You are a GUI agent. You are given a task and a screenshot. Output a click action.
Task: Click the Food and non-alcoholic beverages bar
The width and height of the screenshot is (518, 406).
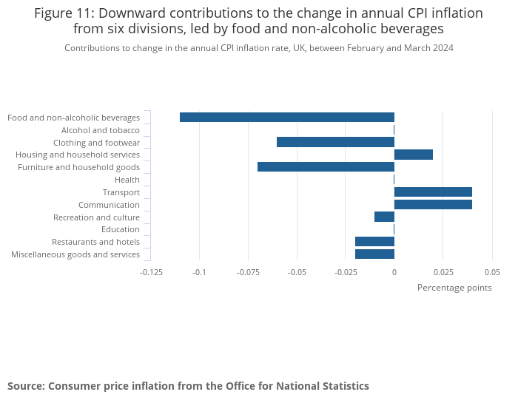(x=287, y=117)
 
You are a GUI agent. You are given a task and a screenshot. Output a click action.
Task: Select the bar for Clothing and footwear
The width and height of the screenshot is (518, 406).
(x=335, y=142)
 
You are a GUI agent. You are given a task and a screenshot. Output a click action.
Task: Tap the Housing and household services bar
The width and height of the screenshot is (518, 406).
(x=414, y=155)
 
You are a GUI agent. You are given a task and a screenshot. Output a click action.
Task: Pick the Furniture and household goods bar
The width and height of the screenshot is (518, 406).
(x=326, y=167)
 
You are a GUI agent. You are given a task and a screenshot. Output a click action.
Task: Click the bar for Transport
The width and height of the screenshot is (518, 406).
(x=433, y=192)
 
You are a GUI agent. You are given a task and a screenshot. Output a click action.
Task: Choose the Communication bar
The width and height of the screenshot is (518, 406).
(x=433, y=205)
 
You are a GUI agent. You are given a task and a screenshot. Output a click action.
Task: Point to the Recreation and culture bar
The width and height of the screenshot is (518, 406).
(x=384, y=217)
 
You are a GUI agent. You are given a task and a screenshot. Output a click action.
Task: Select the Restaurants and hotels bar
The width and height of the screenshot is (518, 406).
(x=374, y=242)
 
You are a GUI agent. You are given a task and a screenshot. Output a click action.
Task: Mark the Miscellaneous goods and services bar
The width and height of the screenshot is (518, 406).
(x=374, y=254)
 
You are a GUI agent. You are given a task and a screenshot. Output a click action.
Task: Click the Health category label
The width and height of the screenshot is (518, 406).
(x=127, y=180)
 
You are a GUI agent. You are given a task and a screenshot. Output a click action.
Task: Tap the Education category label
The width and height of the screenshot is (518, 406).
(x=125, y=229)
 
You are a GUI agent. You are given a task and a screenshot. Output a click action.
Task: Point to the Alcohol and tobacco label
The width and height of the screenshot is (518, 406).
(x=111, y=130)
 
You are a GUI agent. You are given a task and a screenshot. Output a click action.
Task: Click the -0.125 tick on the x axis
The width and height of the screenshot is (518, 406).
(x=151, y=272)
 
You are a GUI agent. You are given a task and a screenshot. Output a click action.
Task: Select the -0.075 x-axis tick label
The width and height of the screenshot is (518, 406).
(x=248, y=272)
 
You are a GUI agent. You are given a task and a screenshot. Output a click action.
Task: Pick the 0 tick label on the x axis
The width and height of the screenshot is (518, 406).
(x=394, y=272)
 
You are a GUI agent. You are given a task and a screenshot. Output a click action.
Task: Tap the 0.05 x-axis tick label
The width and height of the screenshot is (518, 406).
(x=491, y=272)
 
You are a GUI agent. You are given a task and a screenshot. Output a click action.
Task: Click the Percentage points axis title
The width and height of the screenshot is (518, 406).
(x=454, y=288)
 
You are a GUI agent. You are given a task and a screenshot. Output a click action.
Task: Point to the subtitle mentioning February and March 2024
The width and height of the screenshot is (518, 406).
(x=259, y=48)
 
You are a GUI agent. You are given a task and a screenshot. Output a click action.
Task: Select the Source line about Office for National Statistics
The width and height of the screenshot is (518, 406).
(x=188, y=386)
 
